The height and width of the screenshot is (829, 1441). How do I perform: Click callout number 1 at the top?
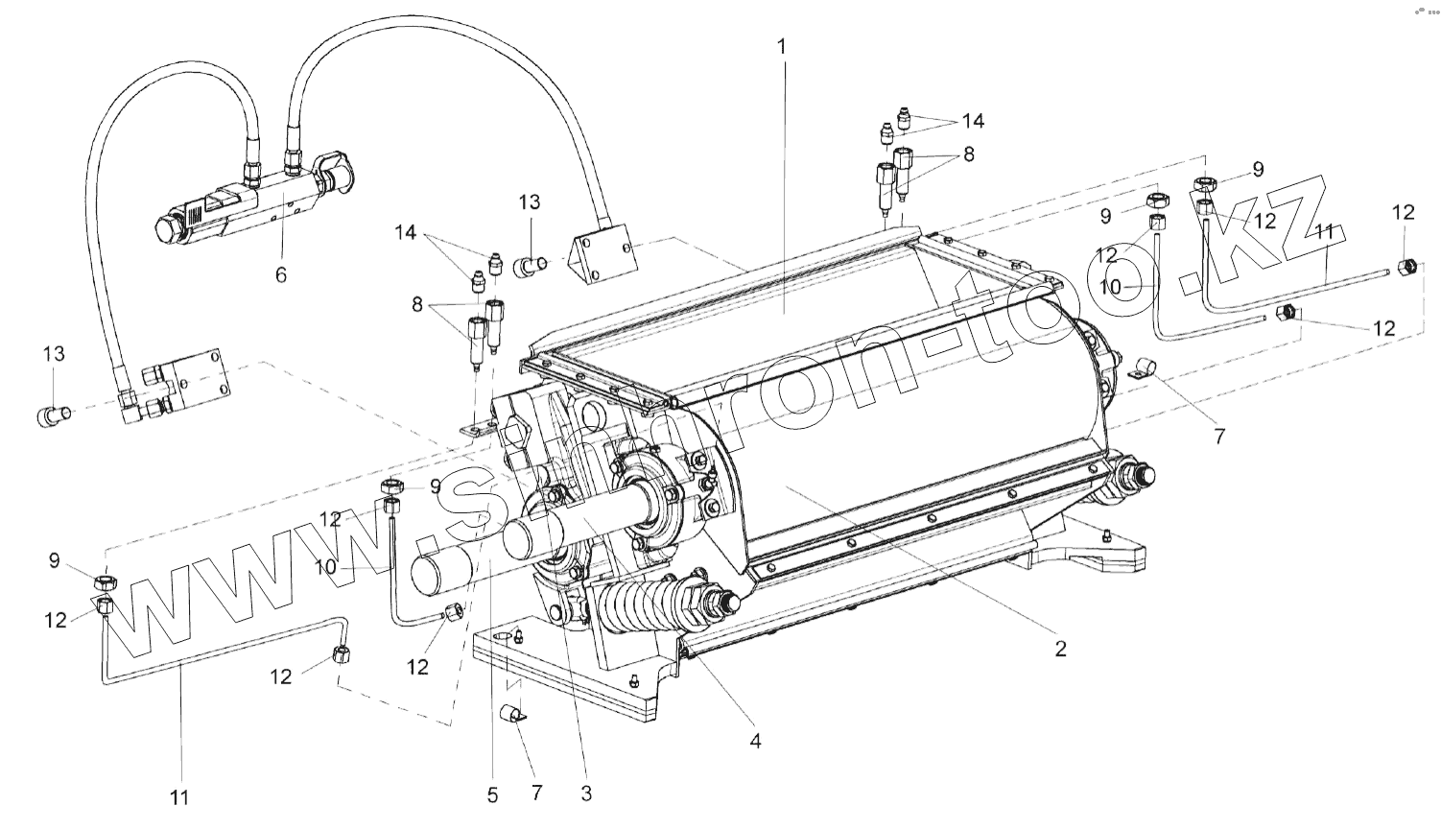coord(782,46)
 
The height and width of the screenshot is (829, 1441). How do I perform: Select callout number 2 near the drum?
coord(1060,649)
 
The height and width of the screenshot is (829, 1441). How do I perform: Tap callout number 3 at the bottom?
coord(586,793)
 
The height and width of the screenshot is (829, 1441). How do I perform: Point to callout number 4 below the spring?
coord(756,741)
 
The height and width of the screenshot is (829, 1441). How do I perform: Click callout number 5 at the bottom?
coord(492,794)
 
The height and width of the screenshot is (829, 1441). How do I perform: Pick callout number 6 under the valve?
coord(280,275)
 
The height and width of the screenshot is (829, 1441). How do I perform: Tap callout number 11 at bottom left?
coord(179,796)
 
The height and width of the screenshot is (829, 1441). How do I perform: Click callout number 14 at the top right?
coord(973,121)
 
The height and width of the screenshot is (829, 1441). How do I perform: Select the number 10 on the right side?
coord(1111,286)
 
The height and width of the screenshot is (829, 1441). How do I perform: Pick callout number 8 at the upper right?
coord(968,154)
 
